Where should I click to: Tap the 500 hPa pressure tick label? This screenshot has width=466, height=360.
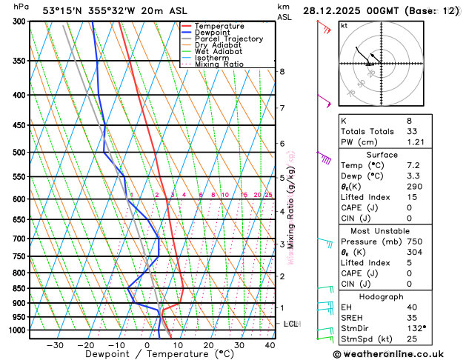tap(20, 153)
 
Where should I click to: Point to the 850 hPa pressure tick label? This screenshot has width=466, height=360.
tap(20, 288)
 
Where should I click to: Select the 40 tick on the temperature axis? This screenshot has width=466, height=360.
tap(270, 344)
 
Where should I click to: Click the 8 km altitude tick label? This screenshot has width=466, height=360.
tap(282, 71)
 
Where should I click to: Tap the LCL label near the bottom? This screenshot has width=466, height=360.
tap(290, 324)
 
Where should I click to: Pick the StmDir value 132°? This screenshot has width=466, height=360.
tap(416, 327)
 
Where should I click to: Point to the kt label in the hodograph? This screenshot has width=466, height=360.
tap(344, 25)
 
